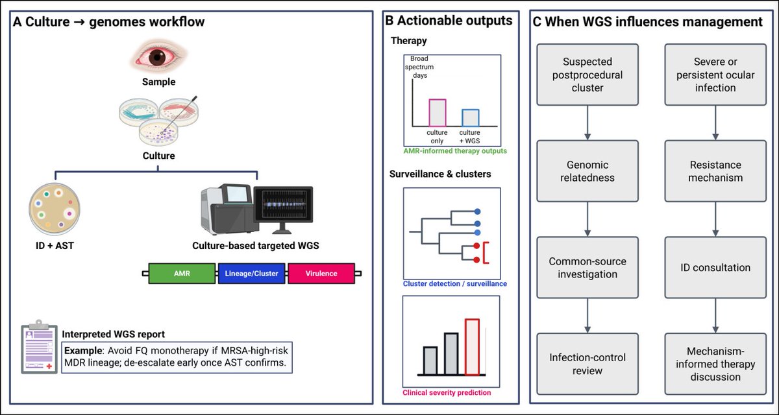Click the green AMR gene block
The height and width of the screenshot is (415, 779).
click(x=182, y=273)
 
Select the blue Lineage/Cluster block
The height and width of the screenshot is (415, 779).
click(x=252, y=273)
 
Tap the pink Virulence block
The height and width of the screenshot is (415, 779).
click(x=321, y=273)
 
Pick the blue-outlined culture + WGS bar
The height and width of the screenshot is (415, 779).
click(x=470, y=117)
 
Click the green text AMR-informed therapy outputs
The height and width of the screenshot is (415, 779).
click(x=454, y=151)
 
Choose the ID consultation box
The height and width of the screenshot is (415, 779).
click(x=716, y=267)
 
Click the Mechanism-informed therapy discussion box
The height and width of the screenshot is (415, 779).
click(x=716, y=364)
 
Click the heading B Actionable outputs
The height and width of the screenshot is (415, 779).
click(x=449, y=21)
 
